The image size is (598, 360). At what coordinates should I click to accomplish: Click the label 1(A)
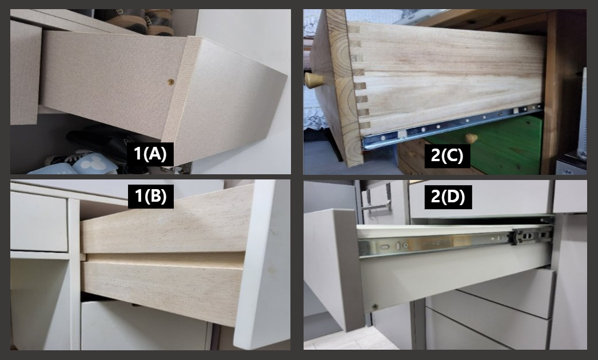pyautogui.click(x=150, y=154)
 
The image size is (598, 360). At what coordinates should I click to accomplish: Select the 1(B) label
pyautogui.click(x=151, y=197)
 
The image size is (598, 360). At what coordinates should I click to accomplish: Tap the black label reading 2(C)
pyautogui.click(x=447, y=155)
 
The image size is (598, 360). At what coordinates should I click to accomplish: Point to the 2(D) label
pyautogui.click(x=448, y=197)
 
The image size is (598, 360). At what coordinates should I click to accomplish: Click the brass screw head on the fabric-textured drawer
pyautogui.click(x=172, y=81)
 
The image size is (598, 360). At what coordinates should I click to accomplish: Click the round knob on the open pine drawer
pyautogui.click(x=313, y=81)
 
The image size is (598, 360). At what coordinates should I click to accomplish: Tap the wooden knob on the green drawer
pyautogui.click(x=472, y=138)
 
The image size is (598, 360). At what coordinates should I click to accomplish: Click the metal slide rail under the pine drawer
pyautogui.click(x=452, y=126)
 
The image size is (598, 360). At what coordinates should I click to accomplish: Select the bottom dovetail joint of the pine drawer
pyautogui.click(x=365, y=125)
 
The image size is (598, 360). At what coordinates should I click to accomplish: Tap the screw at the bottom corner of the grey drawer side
pyautogui.click(x=375, y=307)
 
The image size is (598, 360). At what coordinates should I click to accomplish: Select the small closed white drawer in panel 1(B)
pyautogui.click(x=39, y=222)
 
